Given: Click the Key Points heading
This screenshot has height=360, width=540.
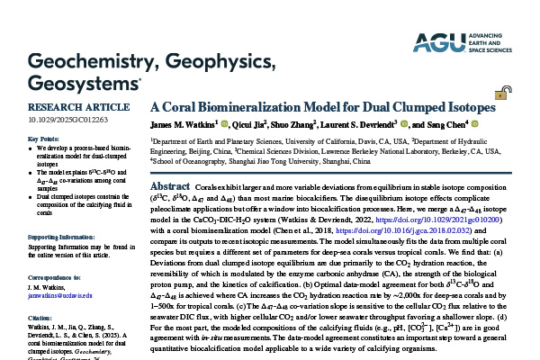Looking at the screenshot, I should tap(44, 139).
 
